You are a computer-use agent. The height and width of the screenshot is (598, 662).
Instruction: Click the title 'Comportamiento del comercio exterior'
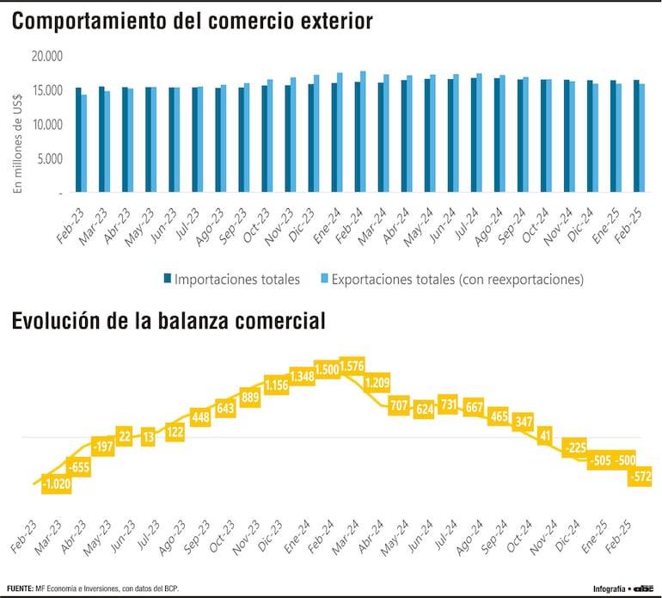pos(193,22)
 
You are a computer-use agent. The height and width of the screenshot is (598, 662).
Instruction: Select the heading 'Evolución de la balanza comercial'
pos(169,322)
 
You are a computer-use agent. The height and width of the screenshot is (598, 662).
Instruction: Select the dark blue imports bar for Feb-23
pos(78,139)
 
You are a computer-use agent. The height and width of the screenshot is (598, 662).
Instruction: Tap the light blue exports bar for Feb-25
pos(641,138)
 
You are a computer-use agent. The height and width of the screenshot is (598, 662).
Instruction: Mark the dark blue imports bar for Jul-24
pos(473,134)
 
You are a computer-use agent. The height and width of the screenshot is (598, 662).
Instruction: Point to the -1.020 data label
pos(56,484)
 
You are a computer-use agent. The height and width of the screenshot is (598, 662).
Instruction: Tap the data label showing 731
pos(448,404)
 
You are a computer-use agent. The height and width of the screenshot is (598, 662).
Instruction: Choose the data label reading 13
pos(150,437)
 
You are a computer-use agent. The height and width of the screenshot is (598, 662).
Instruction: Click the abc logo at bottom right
pos(643,589)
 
